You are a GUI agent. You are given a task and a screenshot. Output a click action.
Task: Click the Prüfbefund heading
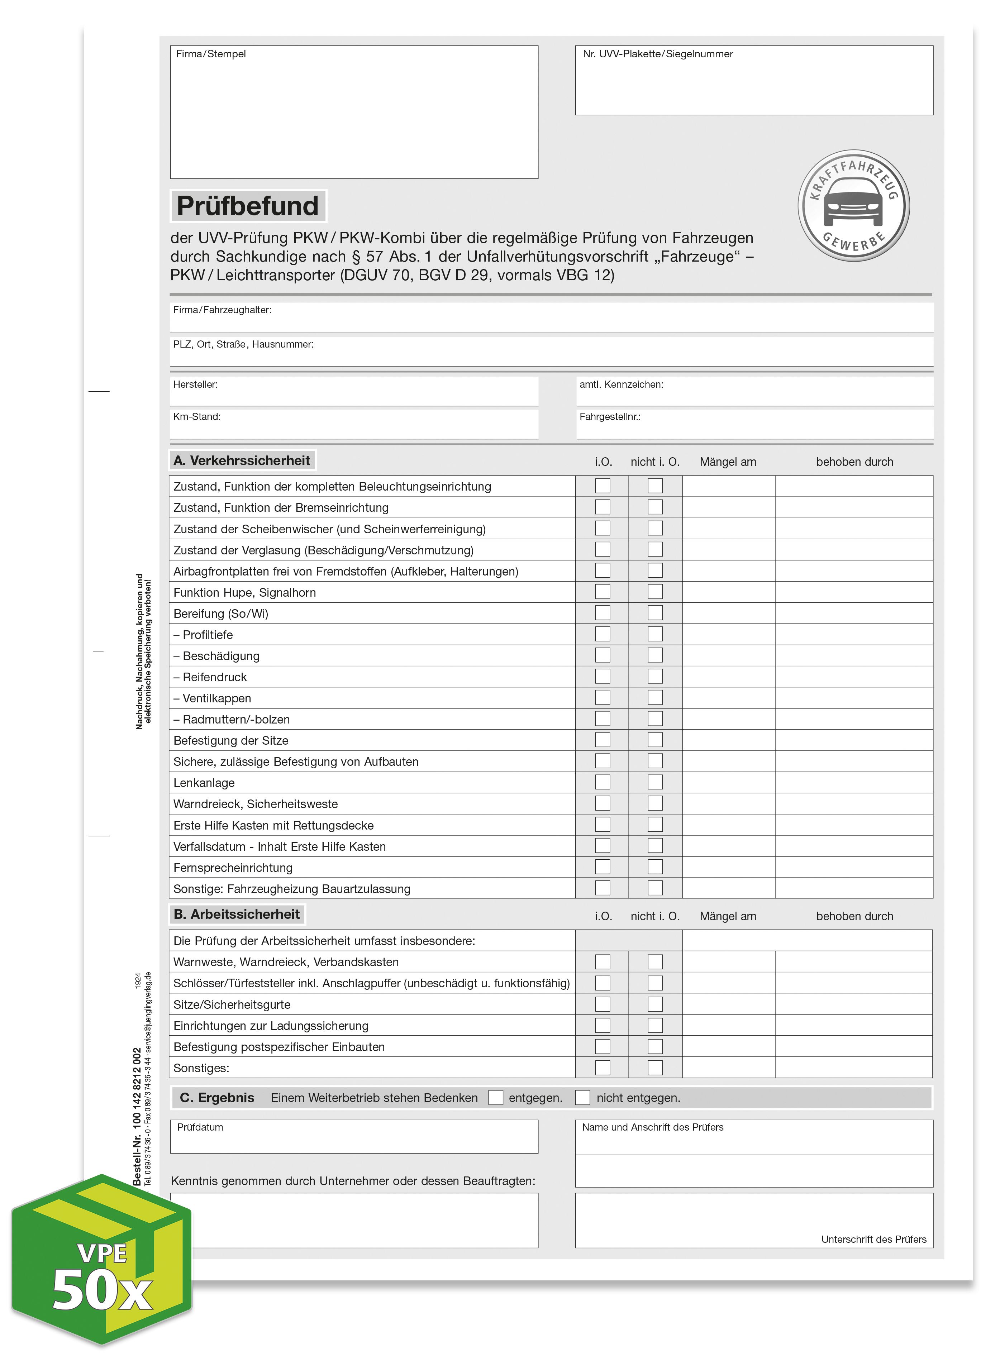248,206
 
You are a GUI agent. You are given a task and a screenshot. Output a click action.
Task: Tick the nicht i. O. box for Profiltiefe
655,634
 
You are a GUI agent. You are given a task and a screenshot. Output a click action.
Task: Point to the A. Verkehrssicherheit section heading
242,460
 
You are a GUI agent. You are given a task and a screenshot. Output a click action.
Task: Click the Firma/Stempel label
211,54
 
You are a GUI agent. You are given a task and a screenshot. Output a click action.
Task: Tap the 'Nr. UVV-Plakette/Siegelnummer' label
658,54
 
